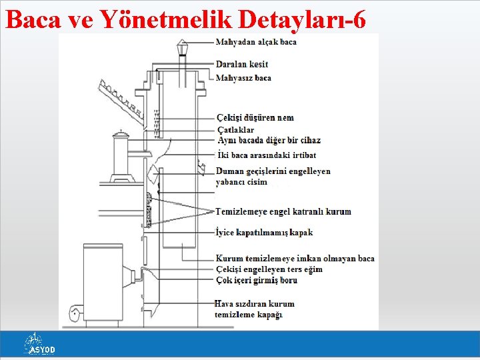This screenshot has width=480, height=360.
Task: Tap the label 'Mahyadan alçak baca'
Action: (256, 42)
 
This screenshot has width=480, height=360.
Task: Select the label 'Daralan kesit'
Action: (242, 64)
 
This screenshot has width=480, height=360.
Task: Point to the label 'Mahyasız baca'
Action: (243, 78)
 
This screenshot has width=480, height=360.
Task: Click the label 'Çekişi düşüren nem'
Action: (255, 118)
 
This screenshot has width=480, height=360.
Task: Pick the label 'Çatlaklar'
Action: (235, 129)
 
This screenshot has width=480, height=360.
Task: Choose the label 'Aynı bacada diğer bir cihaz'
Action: (269, 140)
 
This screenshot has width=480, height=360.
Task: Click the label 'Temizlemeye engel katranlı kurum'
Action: (283, 212)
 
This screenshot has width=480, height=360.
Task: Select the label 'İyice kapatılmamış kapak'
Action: (264, 233)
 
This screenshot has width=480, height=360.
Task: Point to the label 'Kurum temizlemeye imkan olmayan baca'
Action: (295, 259)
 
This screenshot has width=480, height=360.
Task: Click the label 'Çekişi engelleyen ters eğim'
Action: (269, 269)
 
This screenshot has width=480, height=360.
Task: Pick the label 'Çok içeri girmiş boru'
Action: (257, 280)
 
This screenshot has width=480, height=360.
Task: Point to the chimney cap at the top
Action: (182, 47)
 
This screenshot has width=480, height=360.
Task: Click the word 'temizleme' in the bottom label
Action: (235, 315)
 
